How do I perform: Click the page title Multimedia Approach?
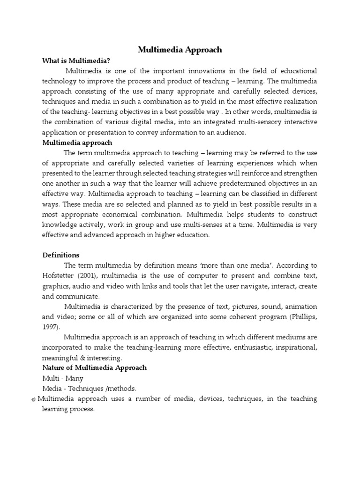coord(180,49)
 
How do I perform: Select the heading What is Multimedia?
coord(76,60)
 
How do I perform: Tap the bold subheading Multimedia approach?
coord(77,142)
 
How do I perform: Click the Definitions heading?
coord(61,255)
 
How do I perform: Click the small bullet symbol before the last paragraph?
coord(34,399)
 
